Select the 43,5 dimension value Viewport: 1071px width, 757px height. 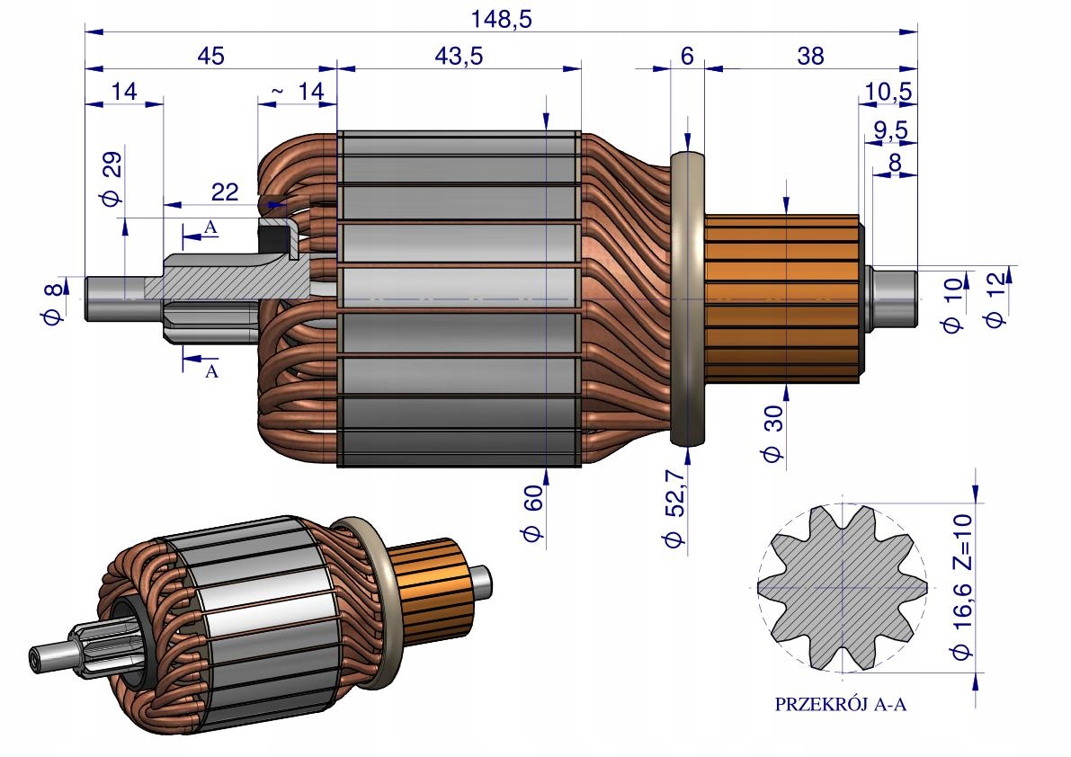(459, 56)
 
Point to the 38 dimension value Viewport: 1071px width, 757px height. (811, 56)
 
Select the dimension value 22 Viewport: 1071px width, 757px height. (224, 191)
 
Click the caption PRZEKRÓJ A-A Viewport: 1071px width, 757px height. (841, 705)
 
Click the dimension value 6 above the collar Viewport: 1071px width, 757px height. (687, 56)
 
